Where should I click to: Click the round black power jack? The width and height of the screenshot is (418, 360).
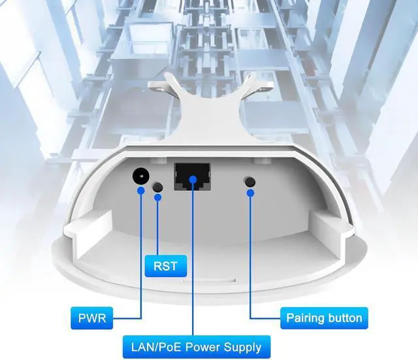pyautogui.click(x=140, y=175)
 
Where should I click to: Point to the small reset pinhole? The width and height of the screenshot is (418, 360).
pyautogui.click(x=157, y=186)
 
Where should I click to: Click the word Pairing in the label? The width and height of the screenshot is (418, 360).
pyautogui.click(x=306, y=319)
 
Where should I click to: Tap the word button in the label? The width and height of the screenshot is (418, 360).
pyautogui.click(x=344, y=319)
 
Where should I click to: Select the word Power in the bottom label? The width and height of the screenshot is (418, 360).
pyautogui.click(x=202, y=346)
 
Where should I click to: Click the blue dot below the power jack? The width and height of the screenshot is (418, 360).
pyautogui.click(x=140, y=191)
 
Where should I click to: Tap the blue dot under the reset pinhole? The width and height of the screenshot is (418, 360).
pyautogui.click(x=157, y=197)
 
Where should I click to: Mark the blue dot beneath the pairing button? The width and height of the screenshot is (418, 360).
pyautogui.click(x=250, y=193)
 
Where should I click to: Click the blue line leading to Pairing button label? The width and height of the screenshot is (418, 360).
pyautogui.click(x=251, y=261)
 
